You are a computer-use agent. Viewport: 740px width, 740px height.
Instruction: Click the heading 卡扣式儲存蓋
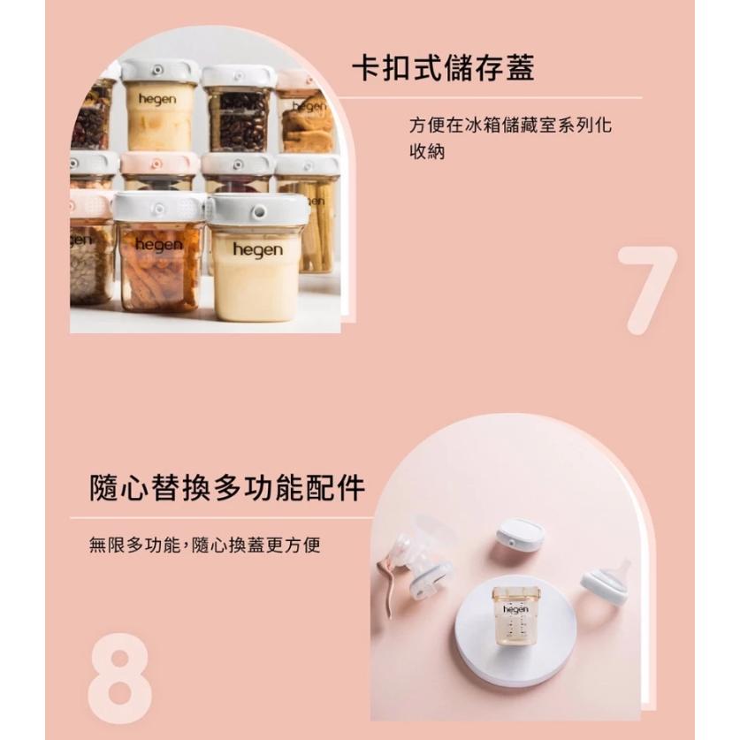point(444,67)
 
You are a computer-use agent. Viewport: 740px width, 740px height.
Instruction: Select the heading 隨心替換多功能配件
point(228,486)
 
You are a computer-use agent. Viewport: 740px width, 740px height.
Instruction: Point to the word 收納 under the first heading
point(428,151)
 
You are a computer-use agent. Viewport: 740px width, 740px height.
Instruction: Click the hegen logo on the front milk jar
point(257,250)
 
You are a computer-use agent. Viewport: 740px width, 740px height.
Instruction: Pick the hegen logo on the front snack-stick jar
point(159,244)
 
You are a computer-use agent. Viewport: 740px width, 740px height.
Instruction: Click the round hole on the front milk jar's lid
point(257,213)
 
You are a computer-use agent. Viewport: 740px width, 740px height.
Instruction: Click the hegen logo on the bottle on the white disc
point(515,610)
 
